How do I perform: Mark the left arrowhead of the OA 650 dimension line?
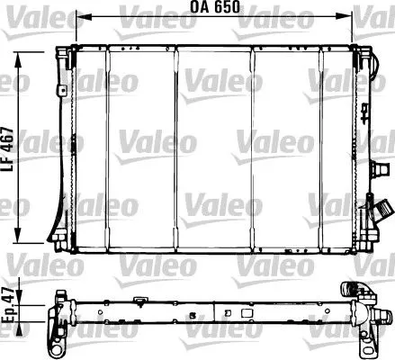[x=80, y=16]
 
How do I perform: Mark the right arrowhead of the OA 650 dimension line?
[x=346, y=16]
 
